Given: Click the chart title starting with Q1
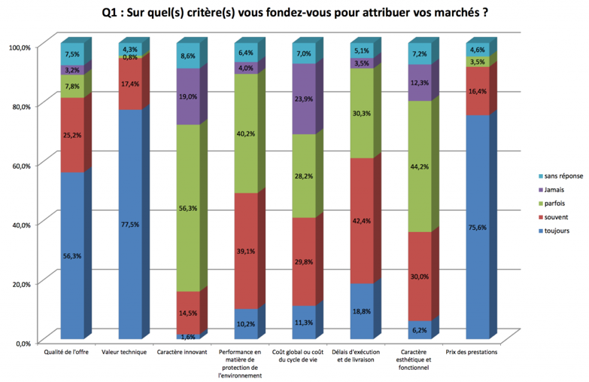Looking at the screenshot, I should pos(294,13).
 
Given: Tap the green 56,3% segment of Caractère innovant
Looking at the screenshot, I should pos(187,208).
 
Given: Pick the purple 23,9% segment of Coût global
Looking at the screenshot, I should pos(303,99).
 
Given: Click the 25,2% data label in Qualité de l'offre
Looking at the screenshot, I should pos(72,136).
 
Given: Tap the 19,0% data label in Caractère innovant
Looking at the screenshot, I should pos(188,96).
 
